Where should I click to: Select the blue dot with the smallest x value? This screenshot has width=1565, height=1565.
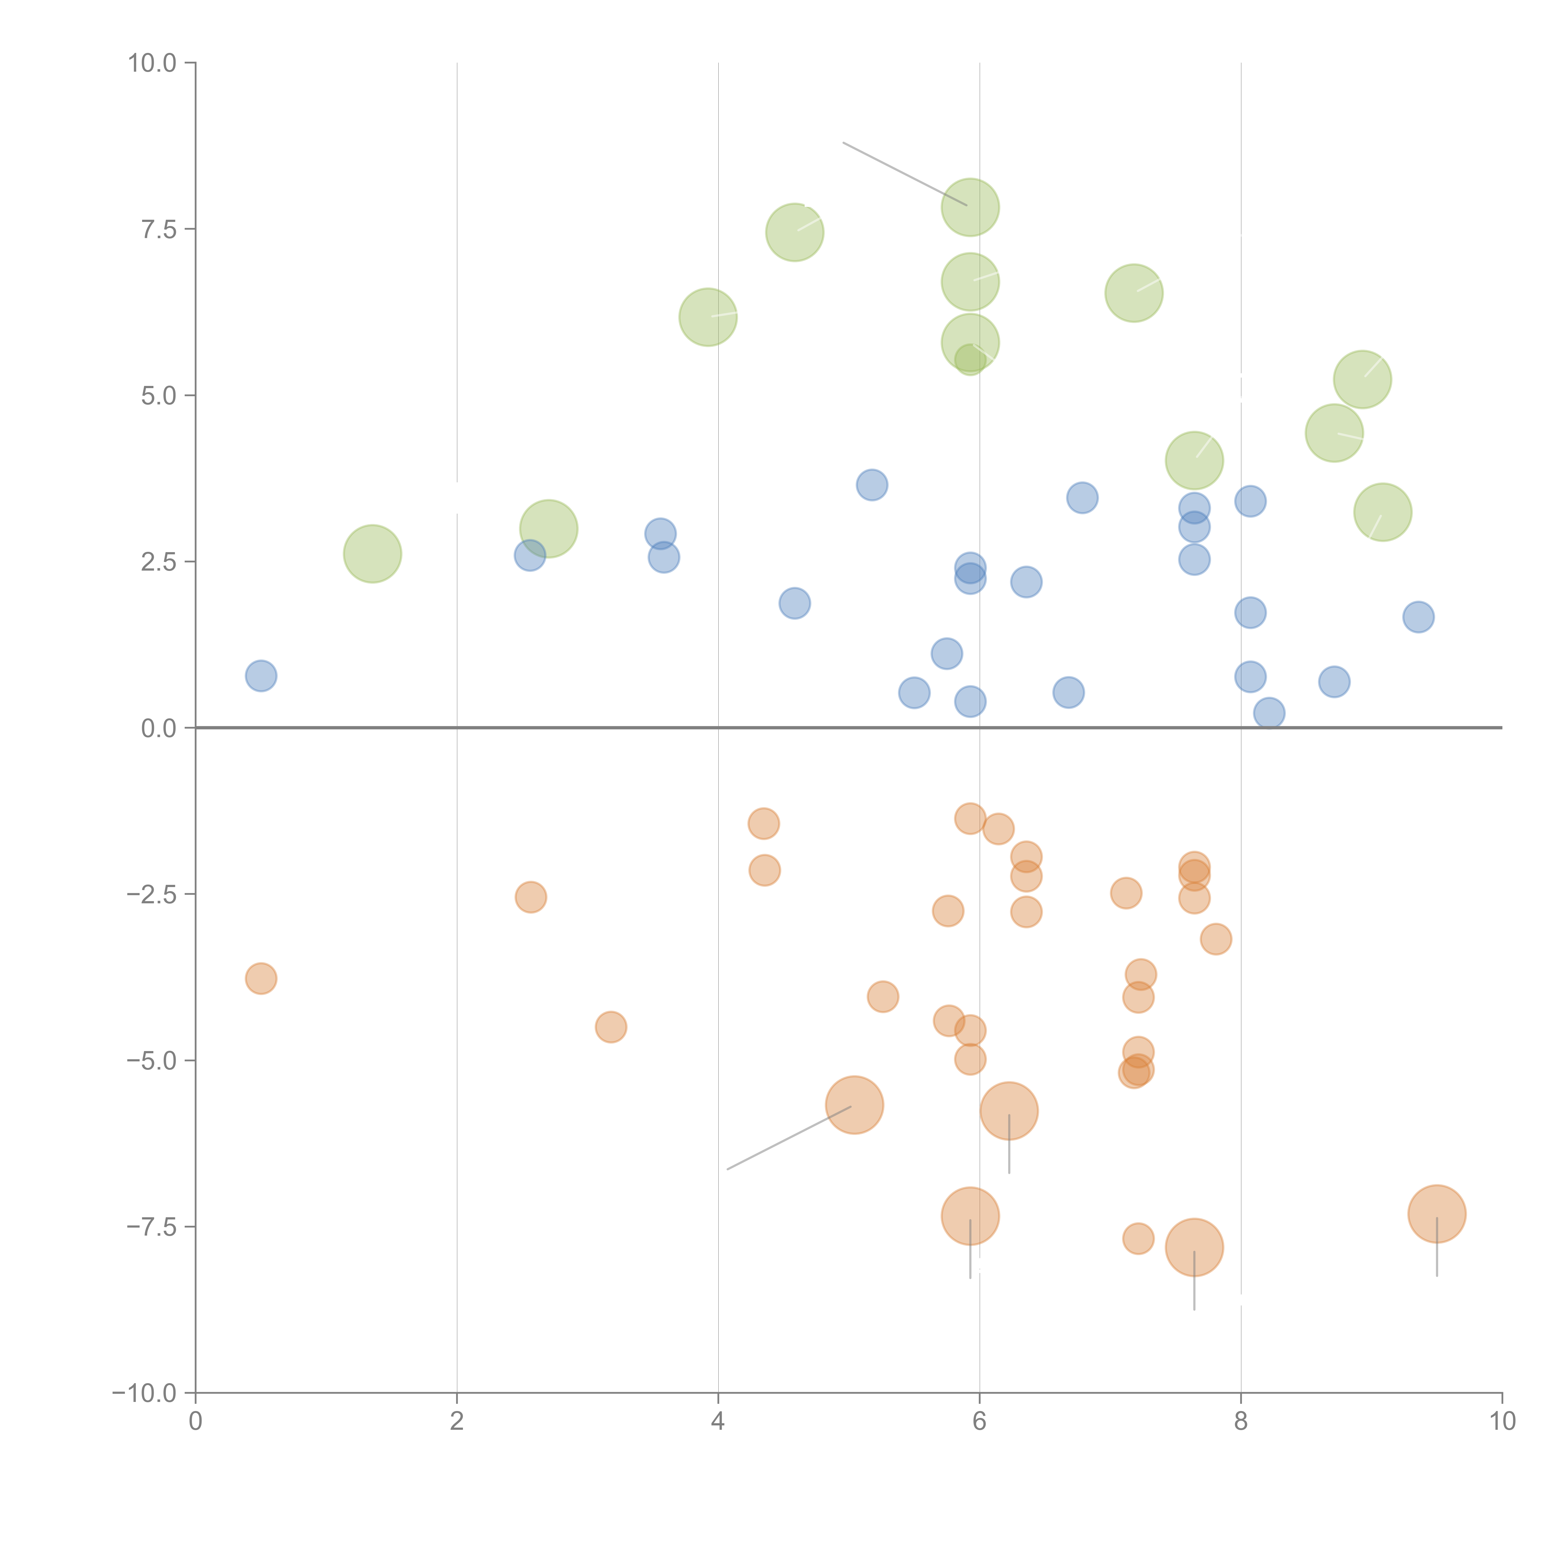pyautogui.click(x=261, y=675)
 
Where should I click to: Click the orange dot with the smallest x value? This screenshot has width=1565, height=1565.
pyautogui.click(x=261, y=978)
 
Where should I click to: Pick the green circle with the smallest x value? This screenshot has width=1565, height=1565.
pyautogui.click(x=372, y=554)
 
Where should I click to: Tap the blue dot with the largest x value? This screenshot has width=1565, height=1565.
pyautogui.click(x=1419, y=617)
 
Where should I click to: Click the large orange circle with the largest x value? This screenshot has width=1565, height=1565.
pyautogui.click(x=1437, y=1214)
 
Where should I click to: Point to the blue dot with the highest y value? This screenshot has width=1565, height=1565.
pyautogui.click(x=872, y=485)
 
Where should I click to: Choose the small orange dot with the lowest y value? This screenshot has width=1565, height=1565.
pyautogui.click(x=1138, y=1239)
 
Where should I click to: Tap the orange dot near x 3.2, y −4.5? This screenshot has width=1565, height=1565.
pyautogui.click(x=611, y=1027)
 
